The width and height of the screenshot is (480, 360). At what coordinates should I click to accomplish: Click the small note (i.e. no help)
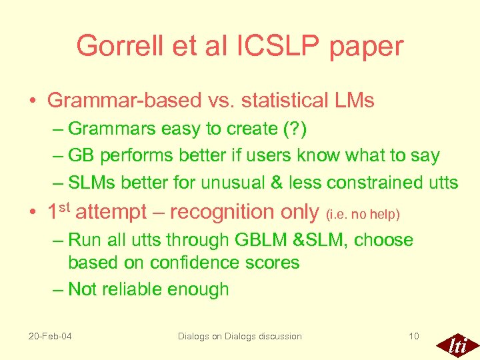click(363, 215)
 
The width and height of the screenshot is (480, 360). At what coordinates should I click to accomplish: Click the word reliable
click(136, 289)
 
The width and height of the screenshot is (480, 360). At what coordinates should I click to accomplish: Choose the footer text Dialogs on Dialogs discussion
click(239, 336)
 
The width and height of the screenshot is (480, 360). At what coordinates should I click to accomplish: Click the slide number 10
click(413, 336)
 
